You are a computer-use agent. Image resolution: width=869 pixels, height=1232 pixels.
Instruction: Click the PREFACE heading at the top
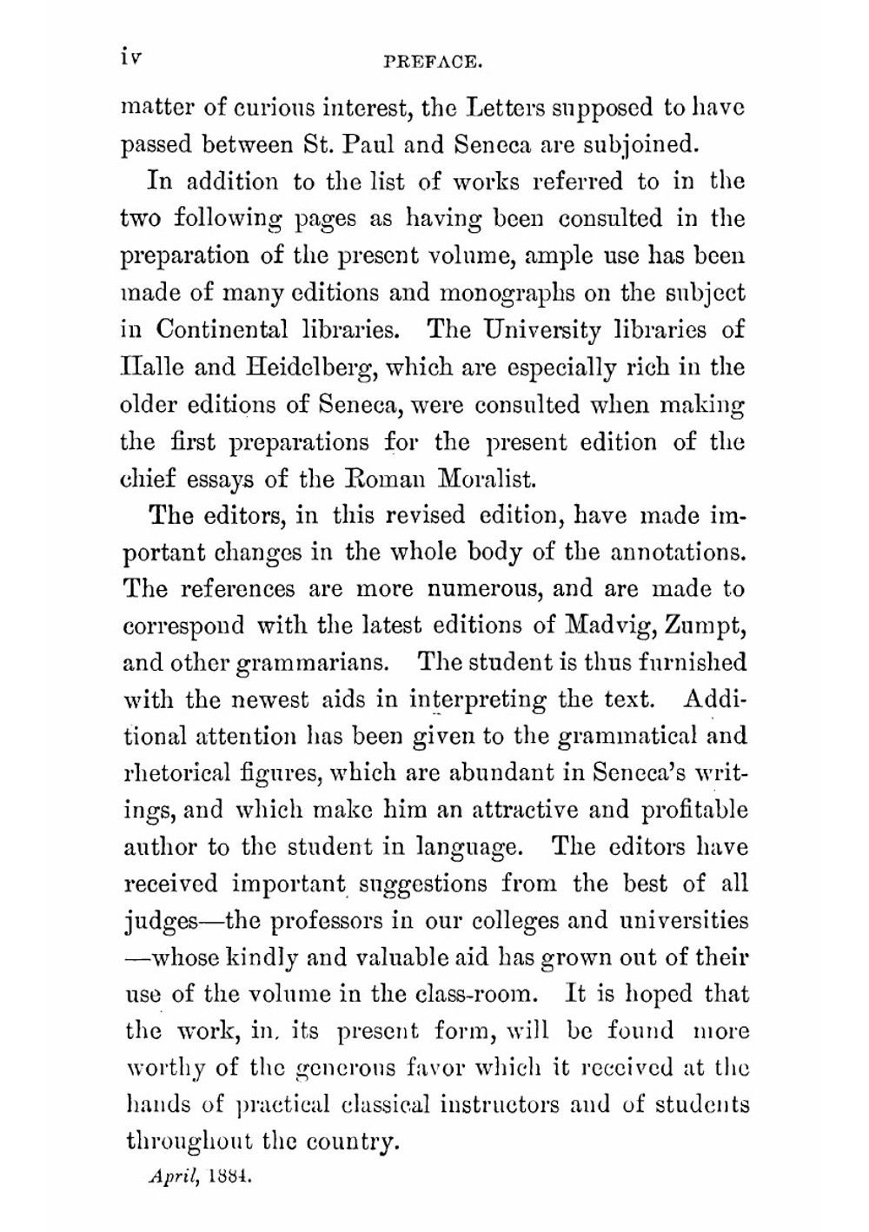click(434, 62)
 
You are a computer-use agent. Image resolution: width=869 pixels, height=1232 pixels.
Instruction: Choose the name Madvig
click(609, 626)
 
